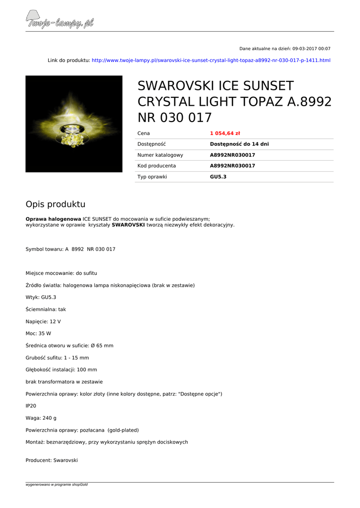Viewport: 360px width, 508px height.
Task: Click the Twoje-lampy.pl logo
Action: [x=60, y=21]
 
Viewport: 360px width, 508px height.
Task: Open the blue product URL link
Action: [x=211, y=60]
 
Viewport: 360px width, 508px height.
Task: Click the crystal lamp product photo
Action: [x=74, y=124]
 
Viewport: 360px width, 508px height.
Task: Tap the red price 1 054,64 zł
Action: [x=225, y=133]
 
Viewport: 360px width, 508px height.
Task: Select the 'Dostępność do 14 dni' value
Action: [x=239, y=144]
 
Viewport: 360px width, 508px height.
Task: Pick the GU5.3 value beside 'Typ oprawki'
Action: [x=218, y=177]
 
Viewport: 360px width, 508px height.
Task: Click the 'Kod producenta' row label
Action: [x=156, y=166]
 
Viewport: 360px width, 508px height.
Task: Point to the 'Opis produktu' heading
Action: [x=56, y=204]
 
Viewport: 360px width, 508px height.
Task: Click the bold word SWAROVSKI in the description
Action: [x=128, y=225]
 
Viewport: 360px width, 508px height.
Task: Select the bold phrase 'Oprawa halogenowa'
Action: [x=53, y=219]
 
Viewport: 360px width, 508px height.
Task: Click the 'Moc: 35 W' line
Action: [x=38, y=333]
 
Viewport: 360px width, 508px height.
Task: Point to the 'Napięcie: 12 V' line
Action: [x=43, y=321]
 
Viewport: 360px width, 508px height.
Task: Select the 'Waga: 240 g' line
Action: [x=41, y=418]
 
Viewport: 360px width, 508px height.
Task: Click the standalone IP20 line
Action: [x=31, y=406]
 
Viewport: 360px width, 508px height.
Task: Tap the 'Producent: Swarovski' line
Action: [x=52, y=460]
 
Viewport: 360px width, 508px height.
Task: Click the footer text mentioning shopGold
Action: [x=57, y=484]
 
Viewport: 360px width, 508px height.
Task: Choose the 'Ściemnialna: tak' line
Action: [x=46, y=309]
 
